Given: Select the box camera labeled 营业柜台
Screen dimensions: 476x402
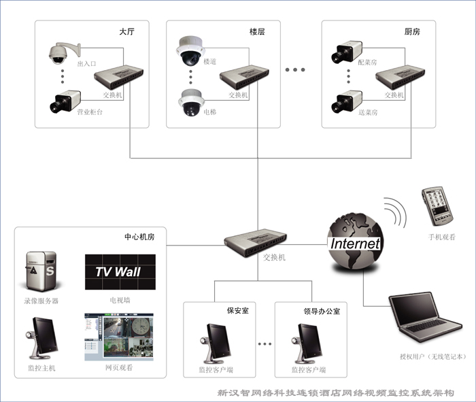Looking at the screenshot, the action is [65, 101].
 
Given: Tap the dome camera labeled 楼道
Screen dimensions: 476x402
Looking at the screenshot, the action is [190, 51].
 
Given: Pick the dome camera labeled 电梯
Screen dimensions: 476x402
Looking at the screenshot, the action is [191, 103].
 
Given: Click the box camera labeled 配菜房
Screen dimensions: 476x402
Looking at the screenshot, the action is [347, 52].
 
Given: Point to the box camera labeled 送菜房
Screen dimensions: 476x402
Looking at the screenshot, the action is [347, 101].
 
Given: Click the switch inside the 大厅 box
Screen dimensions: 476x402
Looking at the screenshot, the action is [118, 77].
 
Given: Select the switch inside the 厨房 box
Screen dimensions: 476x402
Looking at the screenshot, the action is [400, 77].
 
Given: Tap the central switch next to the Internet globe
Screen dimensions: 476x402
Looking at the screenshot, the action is [256, 243].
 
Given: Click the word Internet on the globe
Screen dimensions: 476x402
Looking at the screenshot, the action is [355, 244].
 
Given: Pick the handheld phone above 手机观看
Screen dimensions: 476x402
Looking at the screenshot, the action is [437, 206].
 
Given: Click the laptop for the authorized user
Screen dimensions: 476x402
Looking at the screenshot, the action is [425, 317].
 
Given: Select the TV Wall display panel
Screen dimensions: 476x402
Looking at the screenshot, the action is [120, 272].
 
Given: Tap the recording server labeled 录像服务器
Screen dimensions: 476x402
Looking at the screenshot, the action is [41, 271].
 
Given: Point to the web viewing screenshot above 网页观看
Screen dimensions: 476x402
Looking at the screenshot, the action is [119, 337].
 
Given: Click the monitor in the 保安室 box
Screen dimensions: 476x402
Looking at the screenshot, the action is [216, 344].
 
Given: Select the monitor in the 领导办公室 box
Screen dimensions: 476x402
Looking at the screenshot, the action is [307, 344].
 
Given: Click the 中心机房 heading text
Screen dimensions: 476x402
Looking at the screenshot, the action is [139, 237].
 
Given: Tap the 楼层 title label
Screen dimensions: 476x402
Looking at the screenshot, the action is [257, 31].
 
